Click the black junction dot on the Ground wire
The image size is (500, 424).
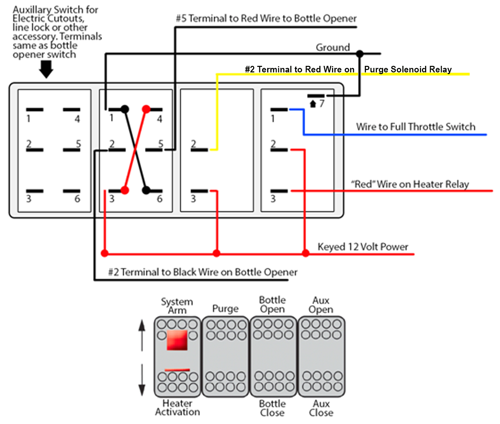click(360, 53)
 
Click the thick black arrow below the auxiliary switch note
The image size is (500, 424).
click(46, 69)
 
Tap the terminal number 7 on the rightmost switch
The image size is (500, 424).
click(322, 103)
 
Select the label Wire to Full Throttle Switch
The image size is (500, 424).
click(416, 127)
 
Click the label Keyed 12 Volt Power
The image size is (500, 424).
click(363, 247)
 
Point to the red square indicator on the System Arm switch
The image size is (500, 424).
click(177, 340)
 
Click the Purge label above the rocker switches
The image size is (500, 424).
click(225, 309)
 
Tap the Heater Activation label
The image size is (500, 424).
click(177, 407)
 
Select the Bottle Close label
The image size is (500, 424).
click(272, 408)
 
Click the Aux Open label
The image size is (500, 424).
click(321, 305)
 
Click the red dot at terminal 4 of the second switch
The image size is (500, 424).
click(146, 109)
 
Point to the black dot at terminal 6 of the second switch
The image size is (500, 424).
click(146, 190)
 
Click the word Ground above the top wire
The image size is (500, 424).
click(333, 47)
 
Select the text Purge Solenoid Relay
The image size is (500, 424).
click(408, 69)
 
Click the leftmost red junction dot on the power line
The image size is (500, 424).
click(105, 254)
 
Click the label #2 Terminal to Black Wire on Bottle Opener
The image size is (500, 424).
click(202, 272)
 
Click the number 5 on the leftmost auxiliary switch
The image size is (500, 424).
click(78, 143)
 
